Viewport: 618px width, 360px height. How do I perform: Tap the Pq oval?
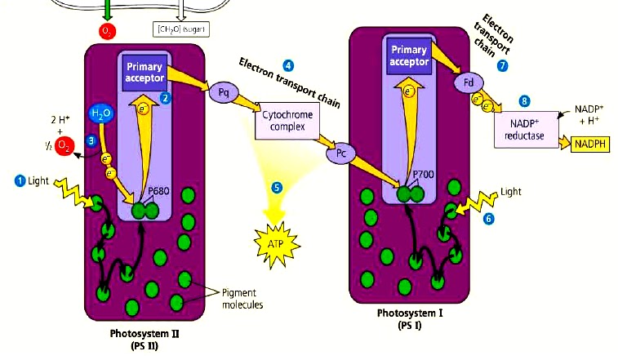[222, 91]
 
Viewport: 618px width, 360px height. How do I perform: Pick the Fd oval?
[469, 82]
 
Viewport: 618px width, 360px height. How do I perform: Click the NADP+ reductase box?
[522, 127]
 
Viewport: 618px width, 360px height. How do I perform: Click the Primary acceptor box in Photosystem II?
[144, 71]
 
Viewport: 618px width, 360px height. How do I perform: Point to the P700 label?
[422, 174]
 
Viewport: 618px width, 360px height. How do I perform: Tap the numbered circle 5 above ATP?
[277, 187]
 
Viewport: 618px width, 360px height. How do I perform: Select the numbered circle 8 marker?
[524, 100]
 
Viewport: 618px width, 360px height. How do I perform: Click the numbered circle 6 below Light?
[488, 219]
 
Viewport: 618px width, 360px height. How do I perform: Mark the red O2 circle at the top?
[106, 32]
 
